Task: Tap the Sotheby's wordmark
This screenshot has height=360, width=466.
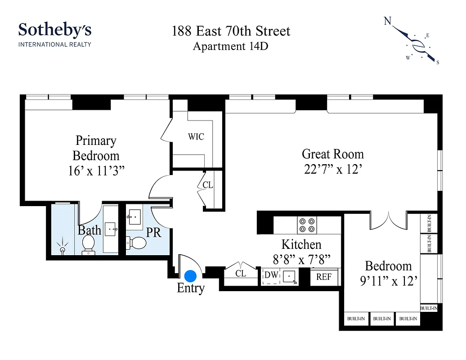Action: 55,30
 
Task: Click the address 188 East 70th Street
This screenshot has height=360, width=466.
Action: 231,31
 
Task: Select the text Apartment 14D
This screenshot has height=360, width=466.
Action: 230,46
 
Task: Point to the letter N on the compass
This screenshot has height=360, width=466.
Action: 387,21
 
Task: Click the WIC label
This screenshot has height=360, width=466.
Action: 196,136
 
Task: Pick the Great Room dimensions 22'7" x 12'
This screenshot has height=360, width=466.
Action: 332,170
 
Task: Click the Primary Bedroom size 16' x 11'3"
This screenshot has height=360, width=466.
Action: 96,171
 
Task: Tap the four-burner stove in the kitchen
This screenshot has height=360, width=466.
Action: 307,224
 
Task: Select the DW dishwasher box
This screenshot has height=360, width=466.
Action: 270,275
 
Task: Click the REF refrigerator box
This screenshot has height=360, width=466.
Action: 324,277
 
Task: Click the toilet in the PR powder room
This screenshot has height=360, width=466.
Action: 139,243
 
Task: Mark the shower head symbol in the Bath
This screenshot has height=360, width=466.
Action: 62,247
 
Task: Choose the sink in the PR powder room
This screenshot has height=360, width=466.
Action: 134,217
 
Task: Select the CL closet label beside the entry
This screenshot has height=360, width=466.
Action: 241,273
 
